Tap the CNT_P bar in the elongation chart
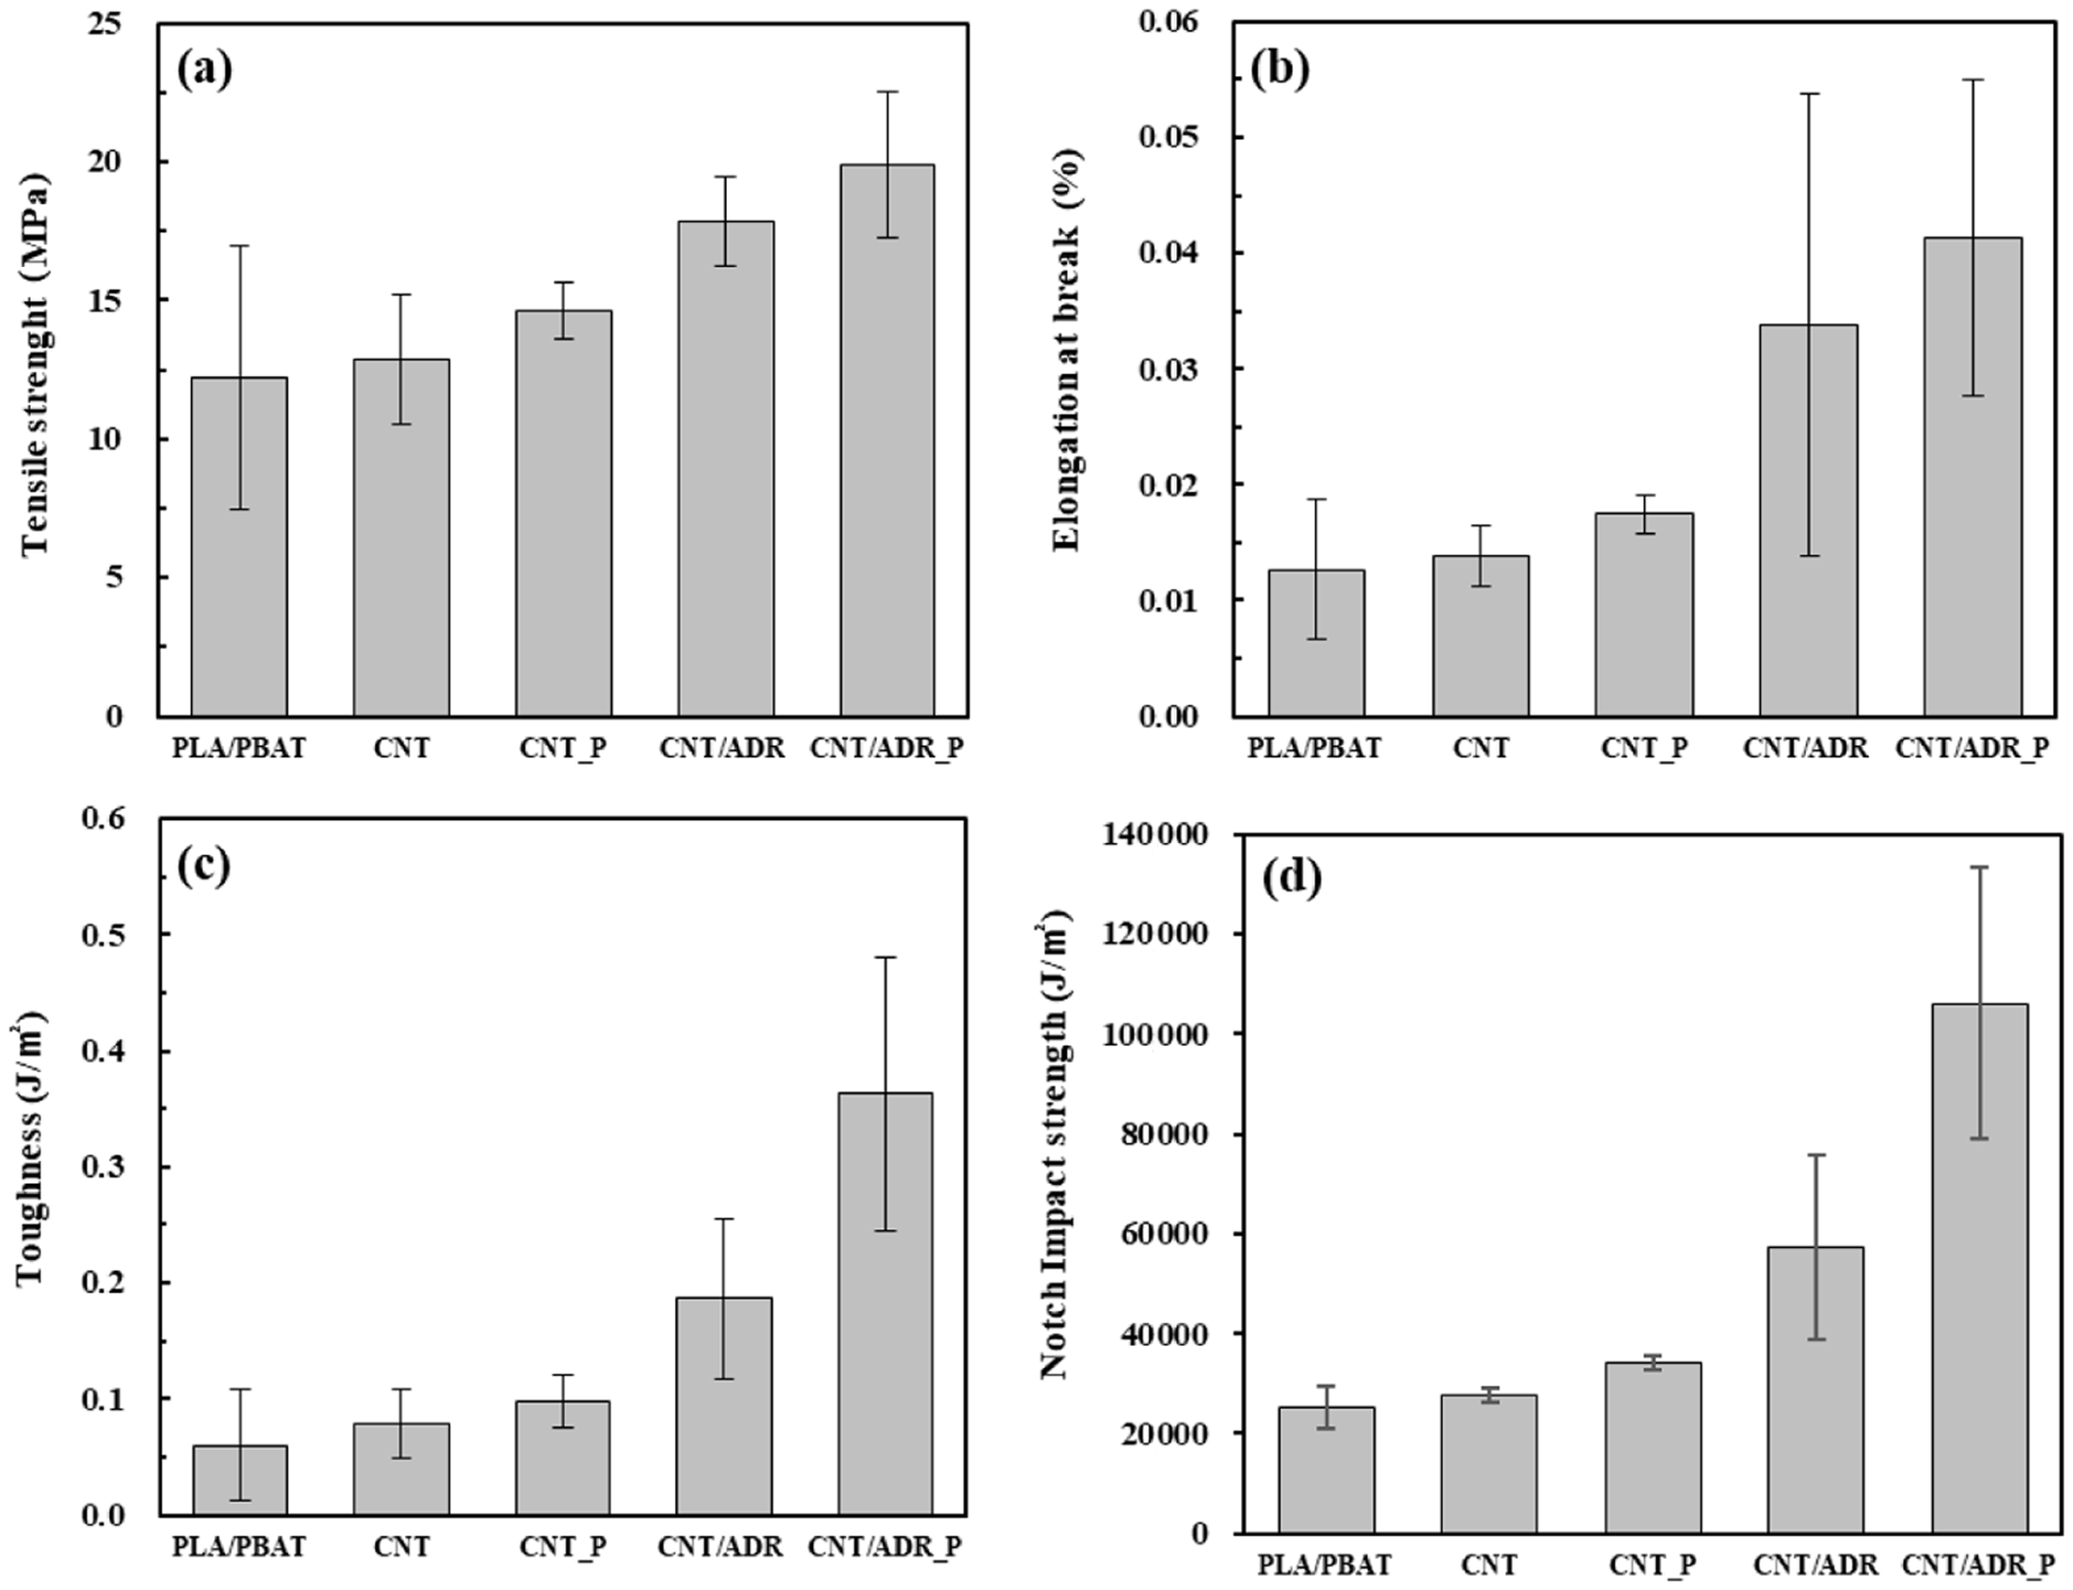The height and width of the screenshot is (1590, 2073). coord(1644,615)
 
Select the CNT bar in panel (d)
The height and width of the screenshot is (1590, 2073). coord(1489,1476)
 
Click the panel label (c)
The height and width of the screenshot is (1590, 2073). coord(203,865)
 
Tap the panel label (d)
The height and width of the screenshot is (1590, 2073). coord(1292,880)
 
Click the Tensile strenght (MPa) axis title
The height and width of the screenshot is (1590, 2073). coord(35,365)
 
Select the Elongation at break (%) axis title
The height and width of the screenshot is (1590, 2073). coord(1067,351)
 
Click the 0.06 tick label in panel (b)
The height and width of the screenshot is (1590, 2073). coord(1170,22)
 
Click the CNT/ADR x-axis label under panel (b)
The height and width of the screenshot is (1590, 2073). coord(1806,749)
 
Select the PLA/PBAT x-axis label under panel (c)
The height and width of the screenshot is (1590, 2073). coord(240,1547)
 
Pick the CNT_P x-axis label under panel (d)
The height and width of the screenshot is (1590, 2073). coord(1653,1565)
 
